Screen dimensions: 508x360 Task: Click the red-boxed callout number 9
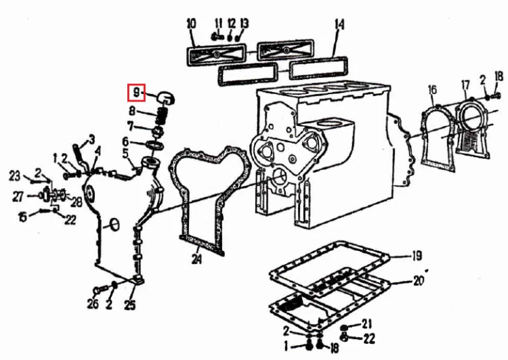(x=136, y=93)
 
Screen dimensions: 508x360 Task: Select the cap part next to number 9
(x=165, y=98)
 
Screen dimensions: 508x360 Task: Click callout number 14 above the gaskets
(x=339, y=24)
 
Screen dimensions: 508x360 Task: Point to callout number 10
(x=191, y=24)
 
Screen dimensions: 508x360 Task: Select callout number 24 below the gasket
(x=196, y=259)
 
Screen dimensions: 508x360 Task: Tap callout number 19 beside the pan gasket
(x=417, y=256)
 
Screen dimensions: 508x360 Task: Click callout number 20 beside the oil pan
(x=418, y=281)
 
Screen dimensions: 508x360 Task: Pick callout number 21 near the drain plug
(x=366, y=323)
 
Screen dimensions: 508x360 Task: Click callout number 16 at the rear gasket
(x=433, y=90)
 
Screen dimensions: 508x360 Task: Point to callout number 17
(x=465, y=85)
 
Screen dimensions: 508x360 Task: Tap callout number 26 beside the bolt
(x=92, y=303)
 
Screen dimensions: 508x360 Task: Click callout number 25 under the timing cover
(x=130, y=305)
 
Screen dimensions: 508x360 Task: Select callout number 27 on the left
(x=18, y=196)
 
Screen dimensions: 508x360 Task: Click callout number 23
(x=15, y=176)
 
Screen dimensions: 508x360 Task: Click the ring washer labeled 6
(x=156, y=145)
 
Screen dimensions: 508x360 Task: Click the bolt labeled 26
(x=101, y=289)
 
